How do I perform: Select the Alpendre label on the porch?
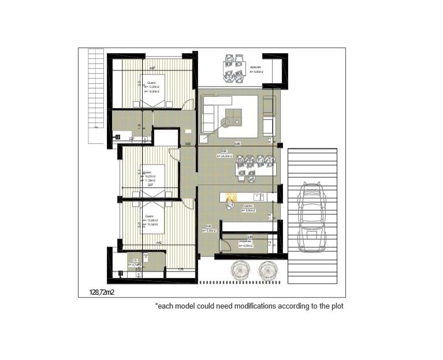click(x=255, y=68)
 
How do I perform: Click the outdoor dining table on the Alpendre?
click(x=234, y=68)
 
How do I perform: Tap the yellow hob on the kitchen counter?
click(x=232, y=197)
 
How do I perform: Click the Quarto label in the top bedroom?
click(x=152, y=83)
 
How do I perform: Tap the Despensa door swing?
click(x=225, y=247)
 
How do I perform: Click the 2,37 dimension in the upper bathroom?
click(x=132, y=139)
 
